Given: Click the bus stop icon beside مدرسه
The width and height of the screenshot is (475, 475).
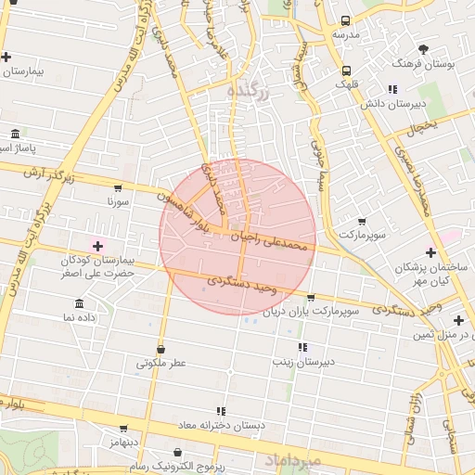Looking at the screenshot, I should (346, 20).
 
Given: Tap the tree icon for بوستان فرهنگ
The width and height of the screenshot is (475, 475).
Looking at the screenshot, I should (424, 49).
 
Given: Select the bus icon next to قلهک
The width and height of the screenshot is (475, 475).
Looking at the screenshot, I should (346, 71).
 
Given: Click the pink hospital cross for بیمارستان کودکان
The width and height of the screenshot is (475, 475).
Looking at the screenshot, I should (97, 246).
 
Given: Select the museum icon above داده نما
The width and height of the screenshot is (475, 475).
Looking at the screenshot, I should (79, 303).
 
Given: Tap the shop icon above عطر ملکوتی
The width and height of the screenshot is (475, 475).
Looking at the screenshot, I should (161, 350).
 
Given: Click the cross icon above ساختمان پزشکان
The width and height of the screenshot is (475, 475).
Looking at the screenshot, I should (430, 252).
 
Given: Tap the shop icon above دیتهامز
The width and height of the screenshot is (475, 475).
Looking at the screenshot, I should (123, 430).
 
